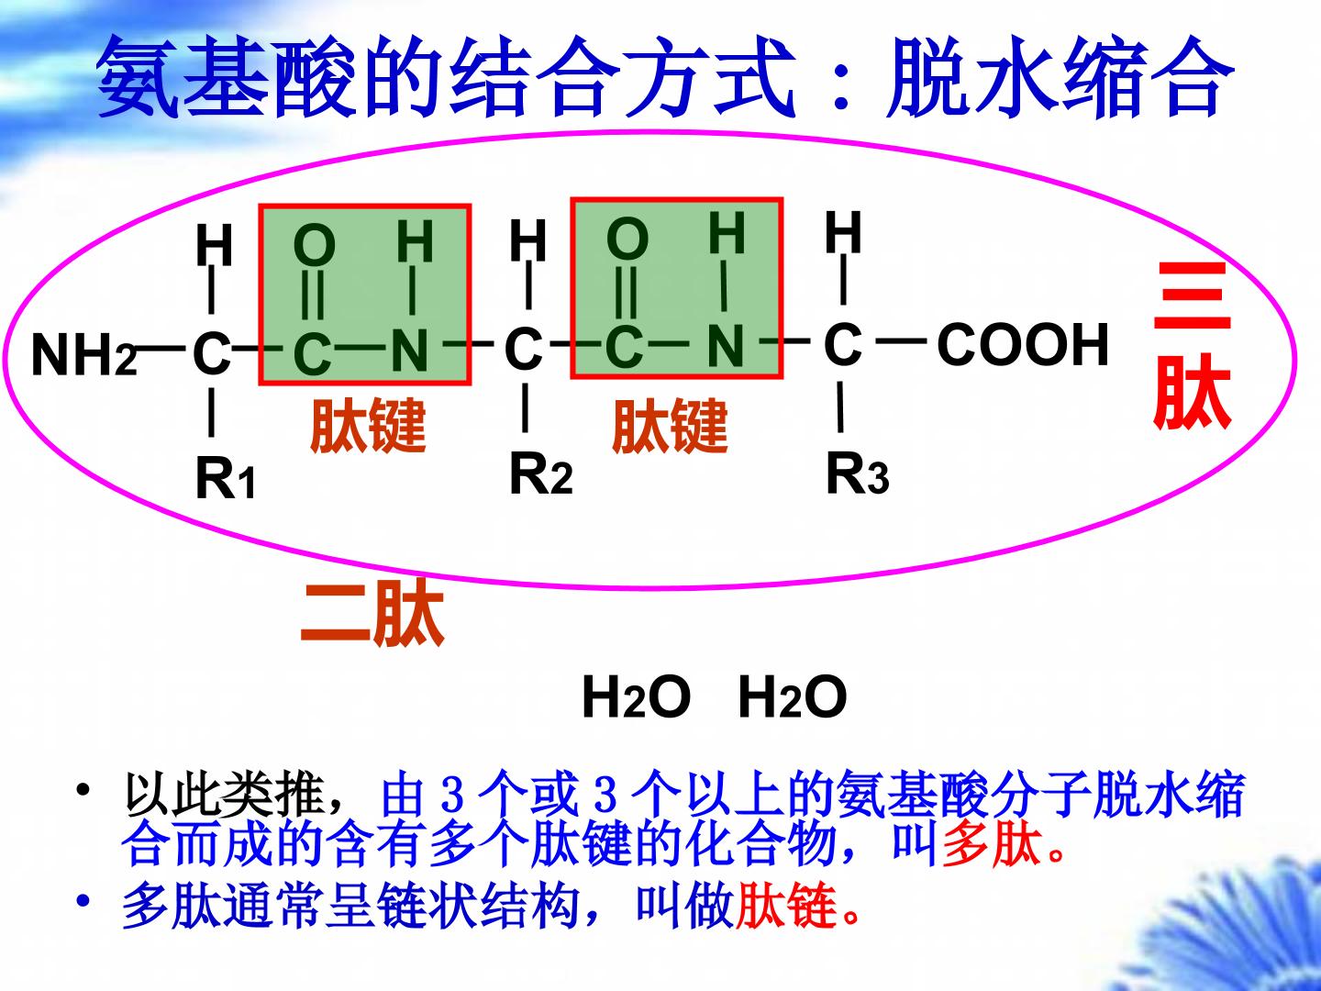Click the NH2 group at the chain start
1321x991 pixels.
(84, 355)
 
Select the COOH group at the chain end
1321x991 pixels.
(1023, 344)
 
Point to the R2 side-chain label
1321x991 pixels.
(540, 474)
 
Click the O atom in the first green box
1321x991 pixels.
(314, 245)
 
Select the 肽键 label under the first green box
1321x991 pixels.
(368, 426)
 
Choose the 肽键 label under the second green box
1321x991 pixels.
(670, 427)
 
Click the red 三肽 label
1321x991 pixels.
(1192, 346)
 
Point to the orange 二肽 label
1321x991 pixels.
(372, 614)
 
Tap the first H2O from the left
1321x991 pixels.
(636, 697)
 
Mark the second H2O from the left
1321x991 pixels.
(792, 697)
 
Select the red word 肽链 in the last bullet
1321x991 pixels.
(786, 906)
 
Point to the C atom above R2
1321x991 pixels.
(524, 349)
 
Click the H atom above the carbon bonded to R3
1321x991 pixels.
(843, 232)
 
